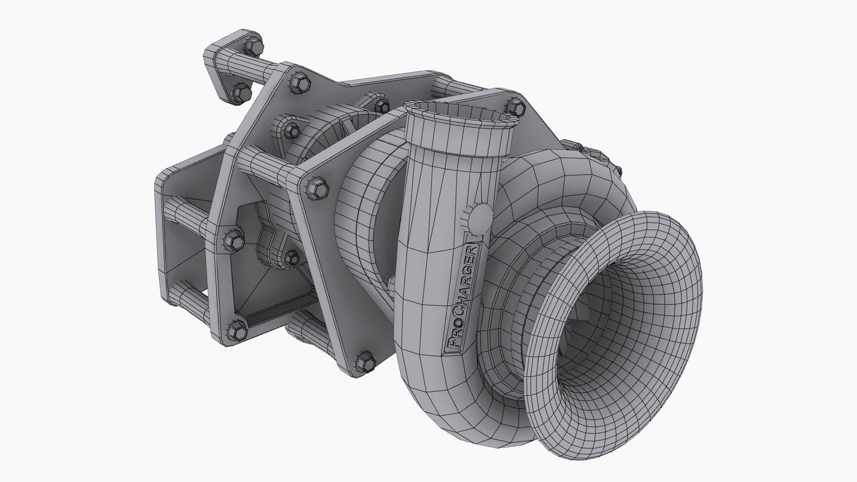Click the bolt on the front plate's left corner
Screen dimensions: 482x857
pyautogui.click(x=319, y=189)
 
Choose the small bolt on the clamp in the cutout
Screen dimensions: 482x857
pyautogui.click(x=291, y=257)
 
